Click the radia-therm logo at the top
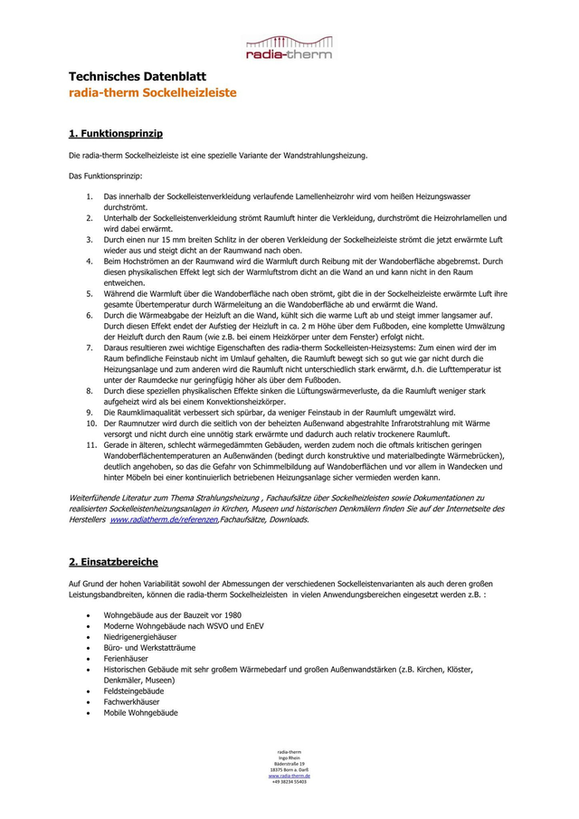289,47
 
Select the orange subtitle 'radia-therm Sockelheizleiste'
153,92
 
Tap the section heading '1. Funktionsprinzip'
116,133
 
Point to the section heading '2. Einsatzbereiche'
114,561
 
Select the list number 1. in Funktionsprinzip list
90,196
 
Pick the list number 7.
90,348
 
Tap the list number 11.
91,445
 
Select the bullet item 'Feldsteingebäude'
134,690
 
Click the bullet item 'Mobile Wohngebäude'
141,712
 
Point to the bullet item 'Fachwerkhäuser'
131,701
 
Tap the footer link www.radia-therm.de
289,776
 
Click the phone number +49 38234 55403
289,781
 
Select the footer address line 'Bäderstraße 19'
289,764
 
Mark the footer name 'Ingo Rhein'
289,757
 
